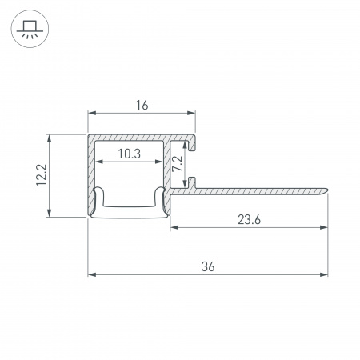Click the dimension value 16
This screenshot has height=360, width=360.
pyautogui.click(x=142, y=105)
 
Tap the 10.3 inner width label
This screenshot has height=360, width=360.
pyautogui.click(x=130, y=154)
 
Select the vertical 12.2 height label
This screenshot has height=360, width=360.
pyautogui.click(x=42, y=175)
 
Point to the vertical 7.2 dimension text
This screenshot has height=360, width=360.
pyautogui.click(x=178, y=163)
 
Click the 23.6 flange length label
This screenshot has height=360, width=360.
pyautogui.click(x=249, y=220)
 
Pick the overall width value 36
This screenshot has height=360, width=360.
pyautogui.click(x=208, y=266)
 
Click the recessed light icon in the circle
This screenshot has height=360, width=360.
pyautogui.click(x=30, y=29)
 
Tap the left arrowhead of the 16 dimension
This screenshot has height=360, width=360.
pyautogui.click(x=92, y=113)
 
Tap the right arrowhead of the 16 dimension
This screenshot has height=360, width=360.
pyautogui.click(x=191, y=113)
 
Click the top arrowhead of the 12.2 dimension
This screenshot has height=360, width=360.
pyautogui.click(x=49, y=139)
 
